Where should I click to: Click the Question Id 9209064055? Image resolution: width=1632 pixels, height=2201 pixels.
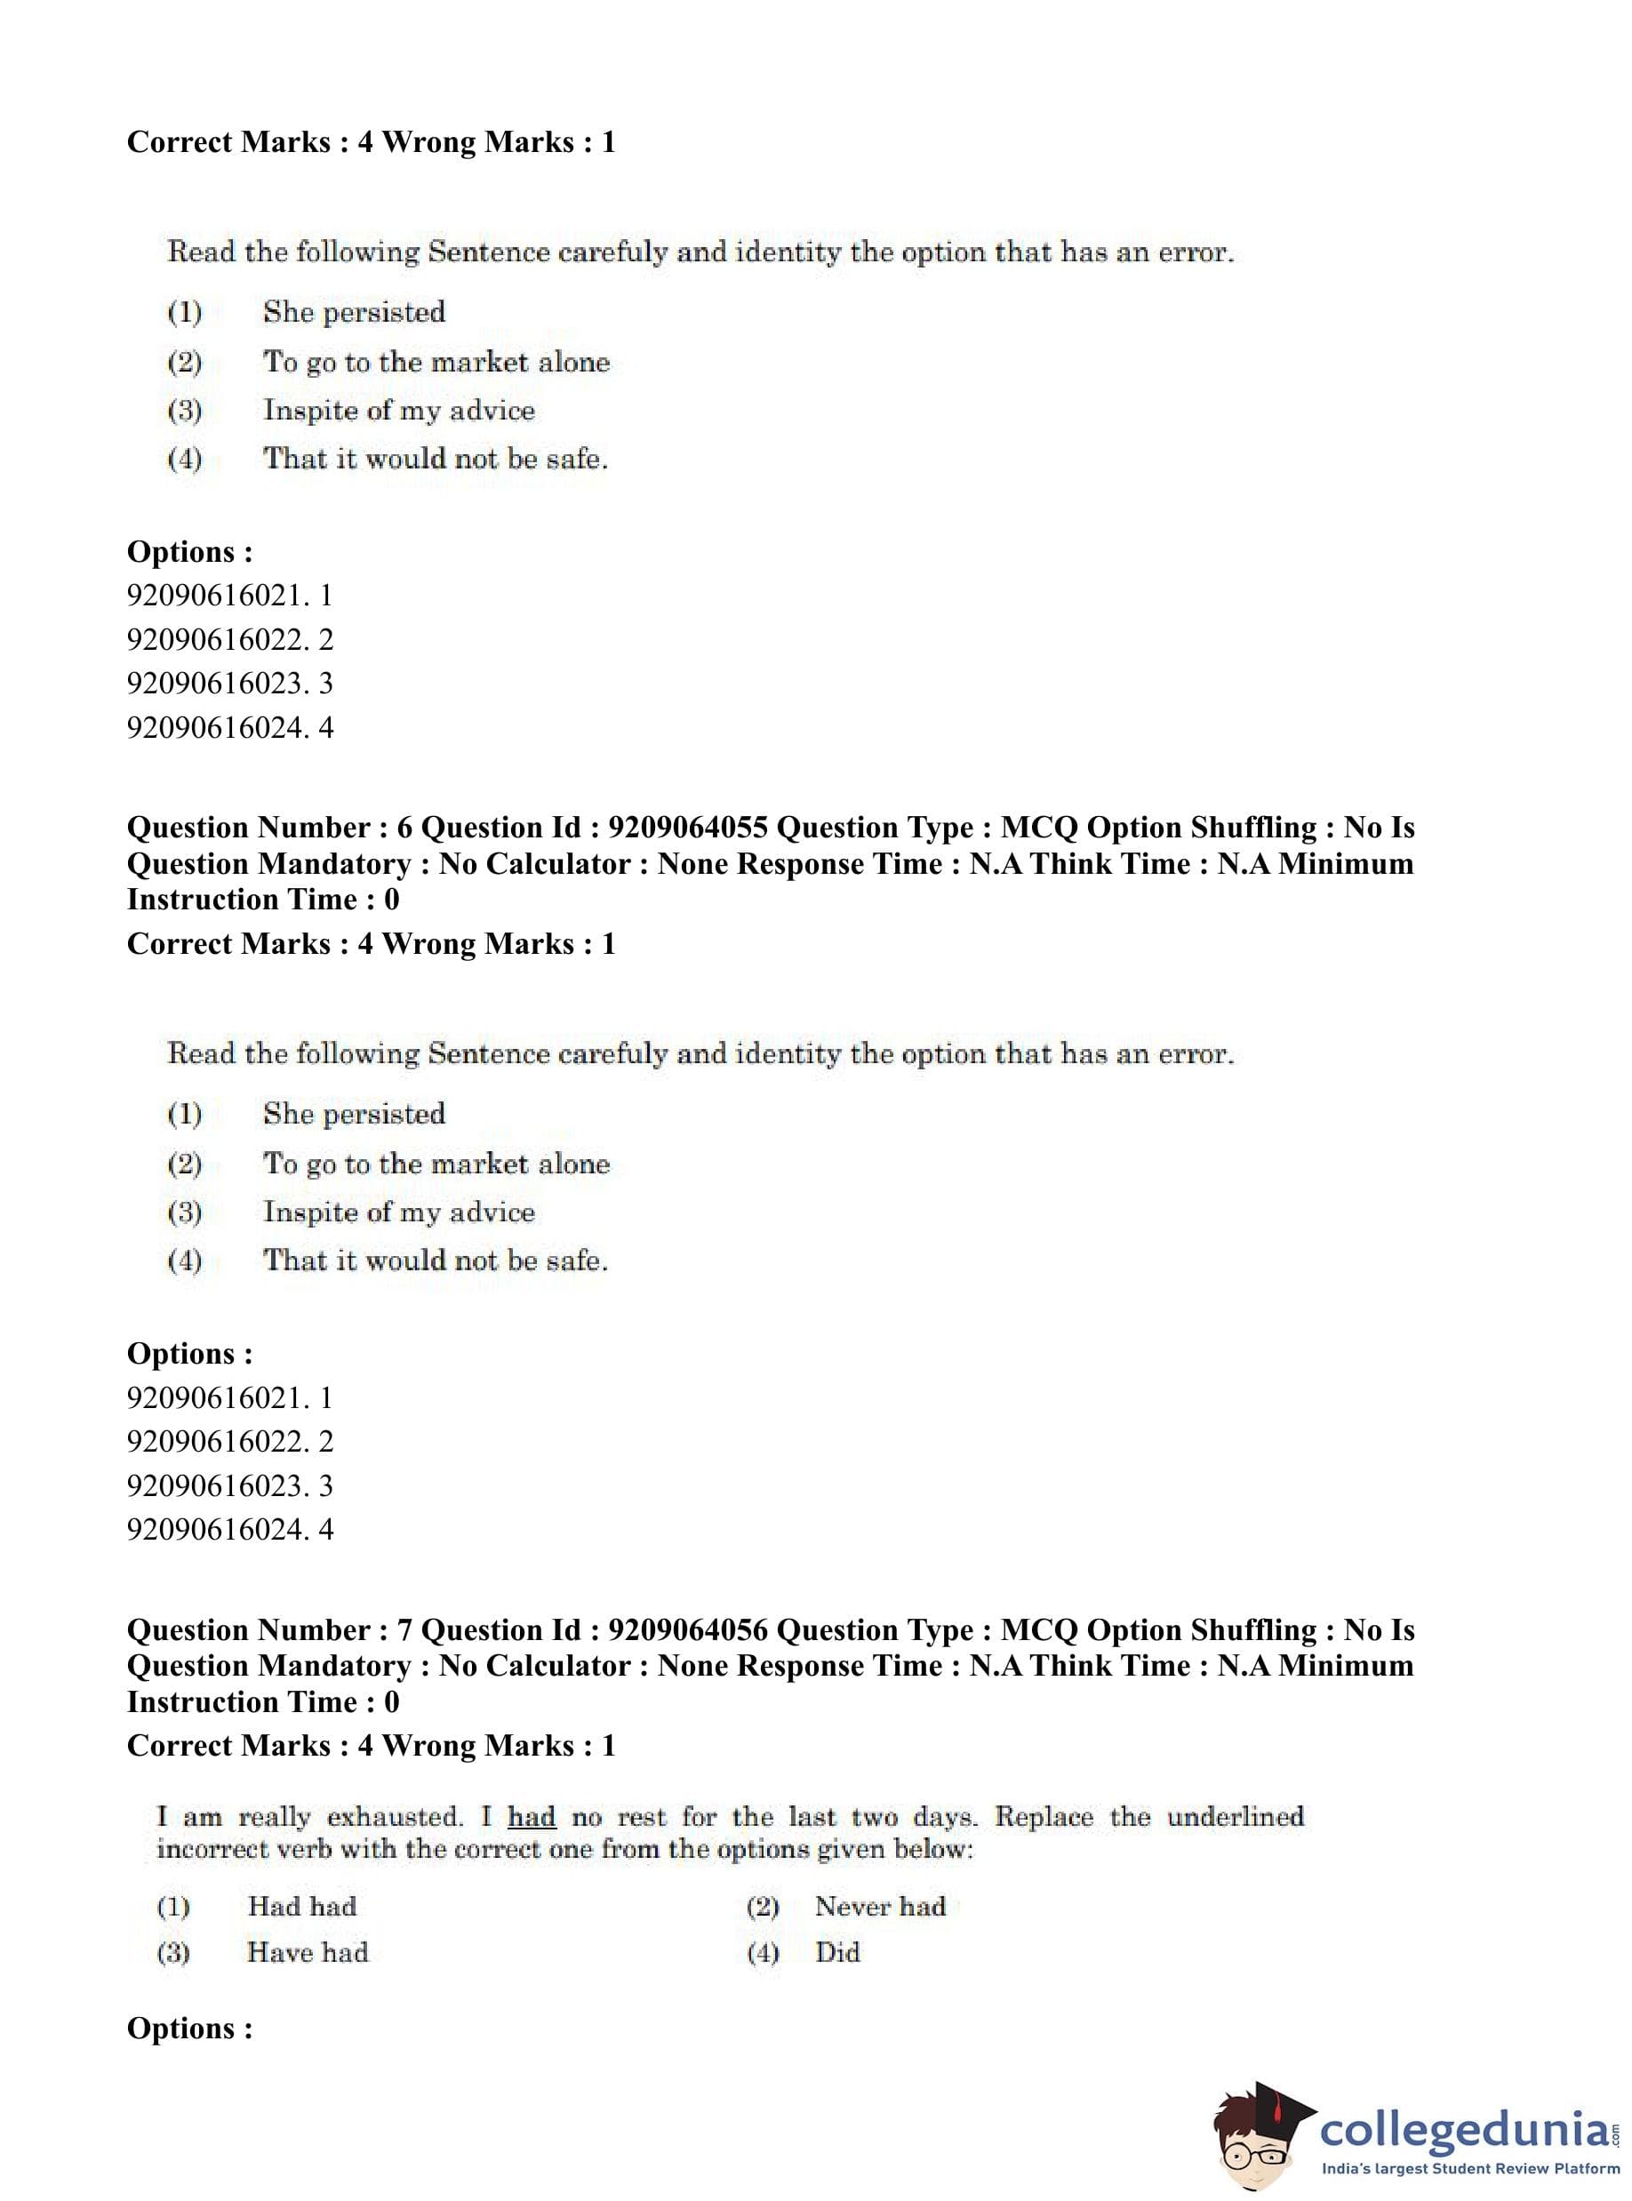[688, 827]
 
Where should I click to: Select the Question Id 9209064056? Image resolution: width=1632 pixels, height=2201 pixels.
[688, 1629]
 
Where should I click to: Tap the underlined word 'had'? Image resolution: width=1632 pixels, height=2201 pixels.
[532, 1817]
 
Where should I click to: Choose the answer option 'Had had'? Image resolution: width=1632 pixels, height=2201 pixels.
[301, 1906]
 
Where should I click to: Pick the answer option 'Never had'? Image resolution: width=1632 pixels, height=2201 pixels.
[879, 1906]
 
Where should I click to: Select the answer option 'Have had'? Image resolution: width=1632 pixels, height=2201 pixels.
[308, 1952]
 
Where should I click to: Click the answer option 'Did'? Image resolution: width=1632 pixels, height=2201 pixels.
[836, 1952]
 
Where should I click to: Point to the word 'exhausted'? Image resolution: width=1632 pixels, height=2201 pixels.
[393, 1817]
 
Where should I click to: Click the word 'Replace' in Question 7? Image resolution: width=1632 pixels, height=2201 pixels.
[1044, 1817]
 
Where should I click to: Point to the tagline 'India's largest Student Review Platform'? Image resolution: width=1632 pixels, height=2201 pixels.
[1470, 2169]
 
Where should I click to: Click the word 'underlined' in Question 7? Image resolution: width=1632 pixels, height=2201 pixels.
[1235, 1817]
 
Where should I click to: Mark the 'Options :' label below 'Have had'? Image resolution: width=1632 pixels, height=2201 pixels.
[189, 2029]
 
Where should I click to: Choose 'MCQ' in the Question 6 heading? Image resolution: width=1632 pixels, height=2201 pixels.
[1038, 827]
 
